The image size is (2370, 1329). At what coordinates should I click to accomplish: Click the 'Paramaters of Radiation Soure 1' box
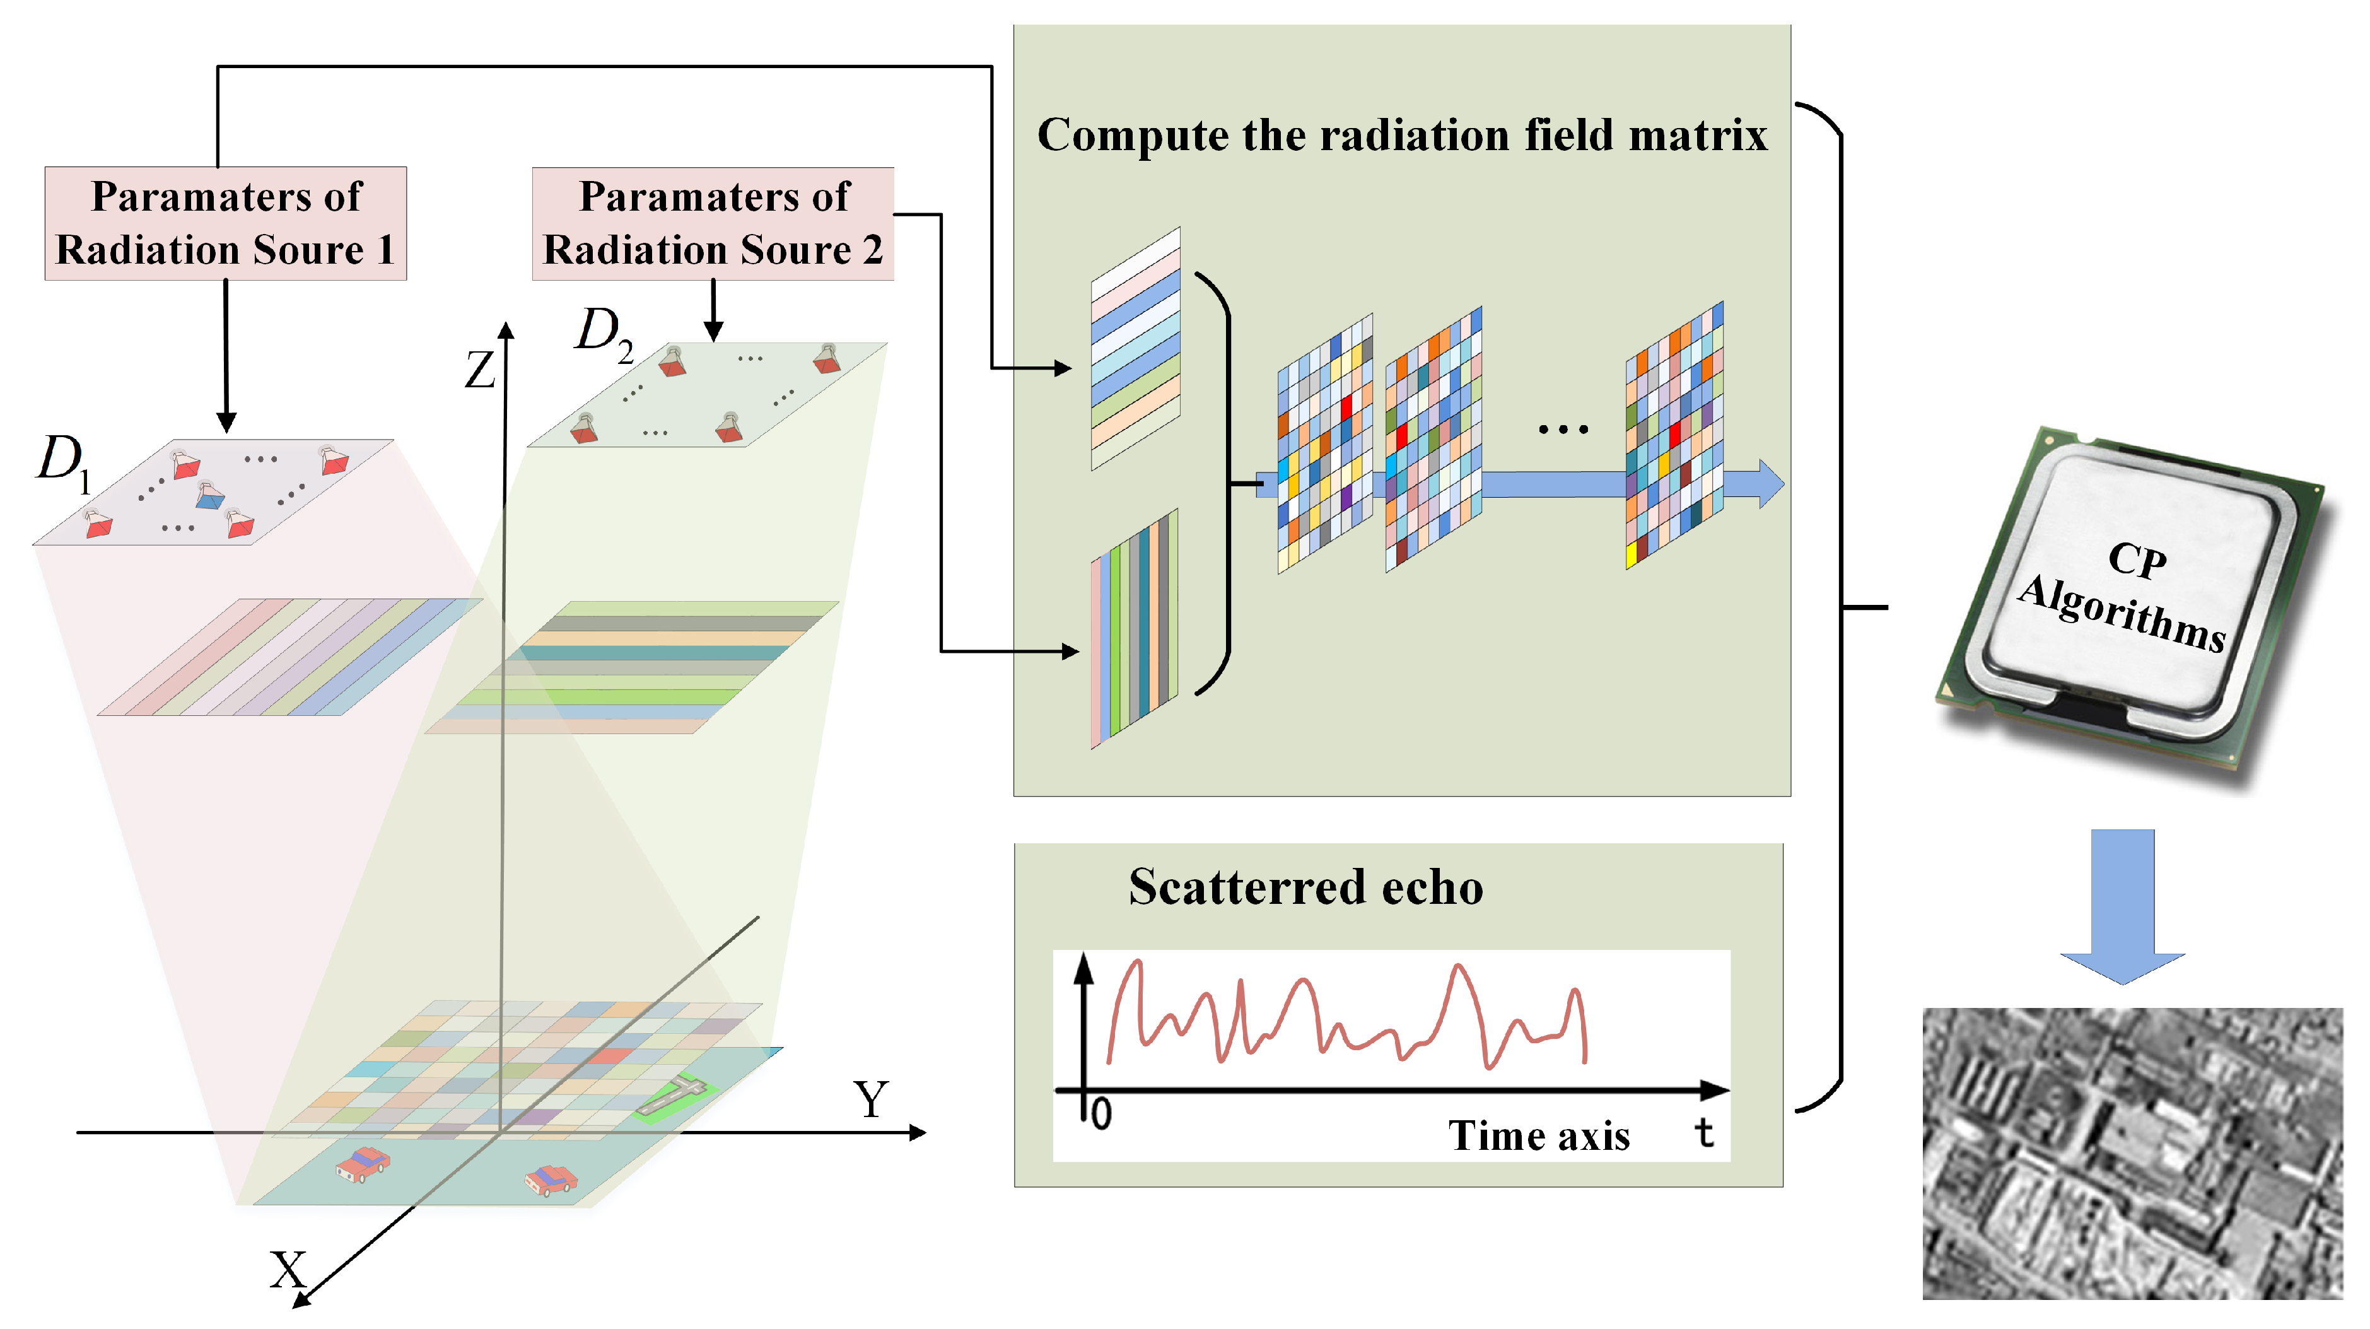pos(225,224)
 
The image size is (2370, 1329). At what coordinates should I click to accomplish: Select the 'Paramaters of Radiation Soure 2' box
pos(713,224)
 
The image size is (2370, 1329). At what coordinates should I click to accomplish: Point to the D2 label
pos(603,332)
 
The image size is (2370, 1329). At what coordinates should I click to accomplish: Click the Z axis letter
pos(479,370)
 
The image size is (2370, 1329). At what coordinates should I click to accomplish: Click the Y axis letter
pos(870,1099)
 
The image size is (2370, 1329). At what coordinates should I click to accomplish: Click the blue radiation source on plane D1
pos(210,497)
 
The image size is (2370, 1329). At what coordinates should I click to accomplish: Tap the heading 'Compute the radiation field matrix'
pos(1401,135)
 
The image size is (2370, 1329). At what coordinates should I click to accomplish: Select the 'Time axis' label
pos(1538,1136)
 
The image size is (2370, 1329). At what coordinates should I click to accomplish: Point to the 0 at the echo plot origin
pos(1101,1115)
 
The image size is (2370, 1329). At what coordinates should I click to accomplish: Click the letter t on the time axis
pos(1704,1132)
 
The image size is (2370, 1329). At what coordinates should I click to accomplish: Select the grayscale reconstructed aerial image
pos(2132,1153)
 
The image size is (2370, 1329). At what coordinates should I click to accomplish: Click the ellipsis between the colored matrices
pos(1562,429)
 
